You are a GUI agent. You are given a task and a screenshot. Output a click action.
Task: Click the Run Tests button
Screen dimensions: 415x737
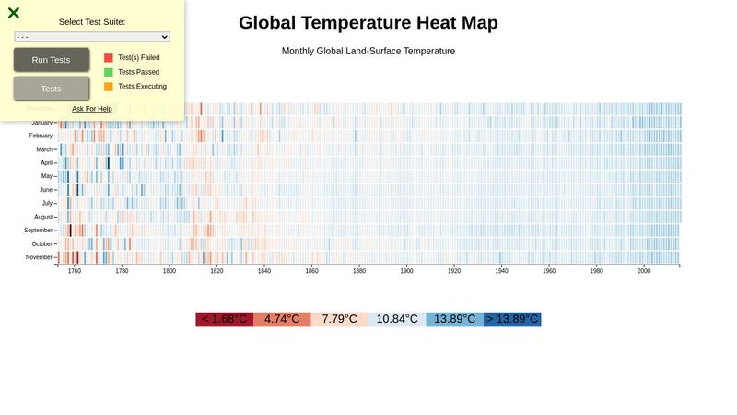pyautogui.click(x=52, y=60)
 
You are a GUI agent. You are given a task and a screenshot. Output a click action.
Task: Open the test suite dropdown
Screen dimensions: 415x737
pyautogui.click(x=92, y=37)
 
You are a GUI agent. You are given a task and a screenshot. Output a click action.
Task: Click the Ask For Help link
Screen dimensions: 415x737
pyautogui.click(x=92, y=109)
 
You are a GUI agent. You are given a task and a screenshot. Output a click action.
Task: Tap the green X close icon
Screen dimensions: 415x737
pyautogui.click(x=14, y=13)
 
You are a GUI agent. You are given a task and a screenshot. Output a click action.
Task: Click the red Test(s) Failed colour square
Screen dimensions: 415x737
pyautogui.click(x=109, y=57)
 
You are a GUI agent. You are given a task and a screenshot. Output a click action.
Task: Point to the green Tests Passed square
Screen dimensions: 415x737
pyautogui.click(x=109, y=72)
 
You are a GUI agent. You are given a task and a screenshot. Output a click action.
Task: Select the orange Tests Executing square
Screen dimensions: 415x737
pyautogui.click(x=109, y=87)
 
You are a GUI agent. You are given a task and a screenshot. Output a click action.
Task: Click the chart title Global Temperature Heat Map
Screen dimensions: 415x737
pyautogui.click(x=368, y=23)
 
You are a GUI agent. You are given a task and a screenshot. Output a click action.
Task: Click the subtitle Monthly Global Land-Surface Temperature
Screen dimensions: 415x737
pyautogui.click(x=368, y=52)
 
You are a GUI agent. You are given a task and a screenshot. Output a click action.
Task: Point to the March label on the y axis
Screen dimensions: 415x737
pyautogui.click(x=44, y=149)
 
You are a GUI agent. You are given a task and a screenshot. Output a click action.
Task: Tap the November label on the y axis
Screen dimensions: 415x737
pyautogui.click(x=39, y=257)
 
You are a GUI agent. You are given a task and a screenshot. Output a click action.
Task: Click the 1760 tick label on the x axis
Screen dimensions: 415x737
pyautogui.click(x=75, y=272)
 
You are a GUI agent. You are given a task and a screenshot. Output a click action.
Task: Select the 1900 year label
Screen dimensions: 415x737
pyautogui.click(x=406, y=272)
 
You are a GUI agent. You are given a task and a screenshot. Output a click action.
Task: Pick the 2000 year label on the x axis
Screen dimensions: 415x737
pyautogui.click(x=644, y=272)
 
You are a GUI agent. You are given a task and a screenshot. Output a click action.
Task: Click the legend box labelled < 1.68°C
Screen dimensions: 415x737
pyautogui.click(x=224, y=319)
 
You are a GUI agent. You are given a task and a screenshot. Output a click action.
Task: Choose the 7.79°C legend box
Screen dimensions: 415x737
pyautogui.click(x=339, y=319)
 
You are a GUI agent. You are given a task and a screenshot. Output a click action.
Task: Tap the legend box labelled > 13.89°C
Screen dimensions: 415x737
pyautogui.click(x=512, y=319)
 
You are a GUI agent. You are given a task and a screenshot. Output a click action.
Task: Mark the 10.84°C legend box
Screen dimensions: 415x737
pyautogui.click(x=397, y=319)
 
